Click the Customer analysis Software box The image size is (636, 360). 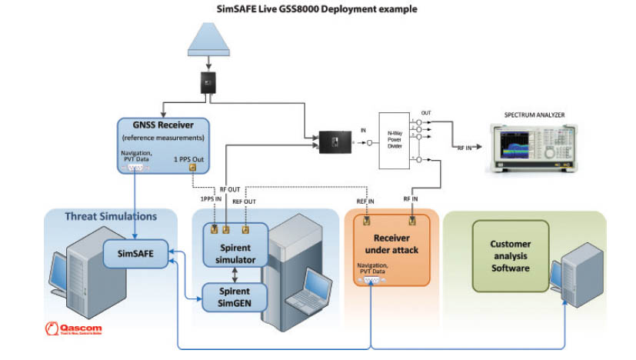pos(511,256)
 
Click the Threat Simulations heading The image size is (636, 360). pos(112,216)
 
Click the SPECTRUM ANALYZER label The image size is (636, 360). pos(534,115)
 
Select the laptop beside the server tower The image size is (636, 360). pos(306,288)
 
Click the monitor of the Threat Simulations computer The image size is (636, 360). pos(59,271)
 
